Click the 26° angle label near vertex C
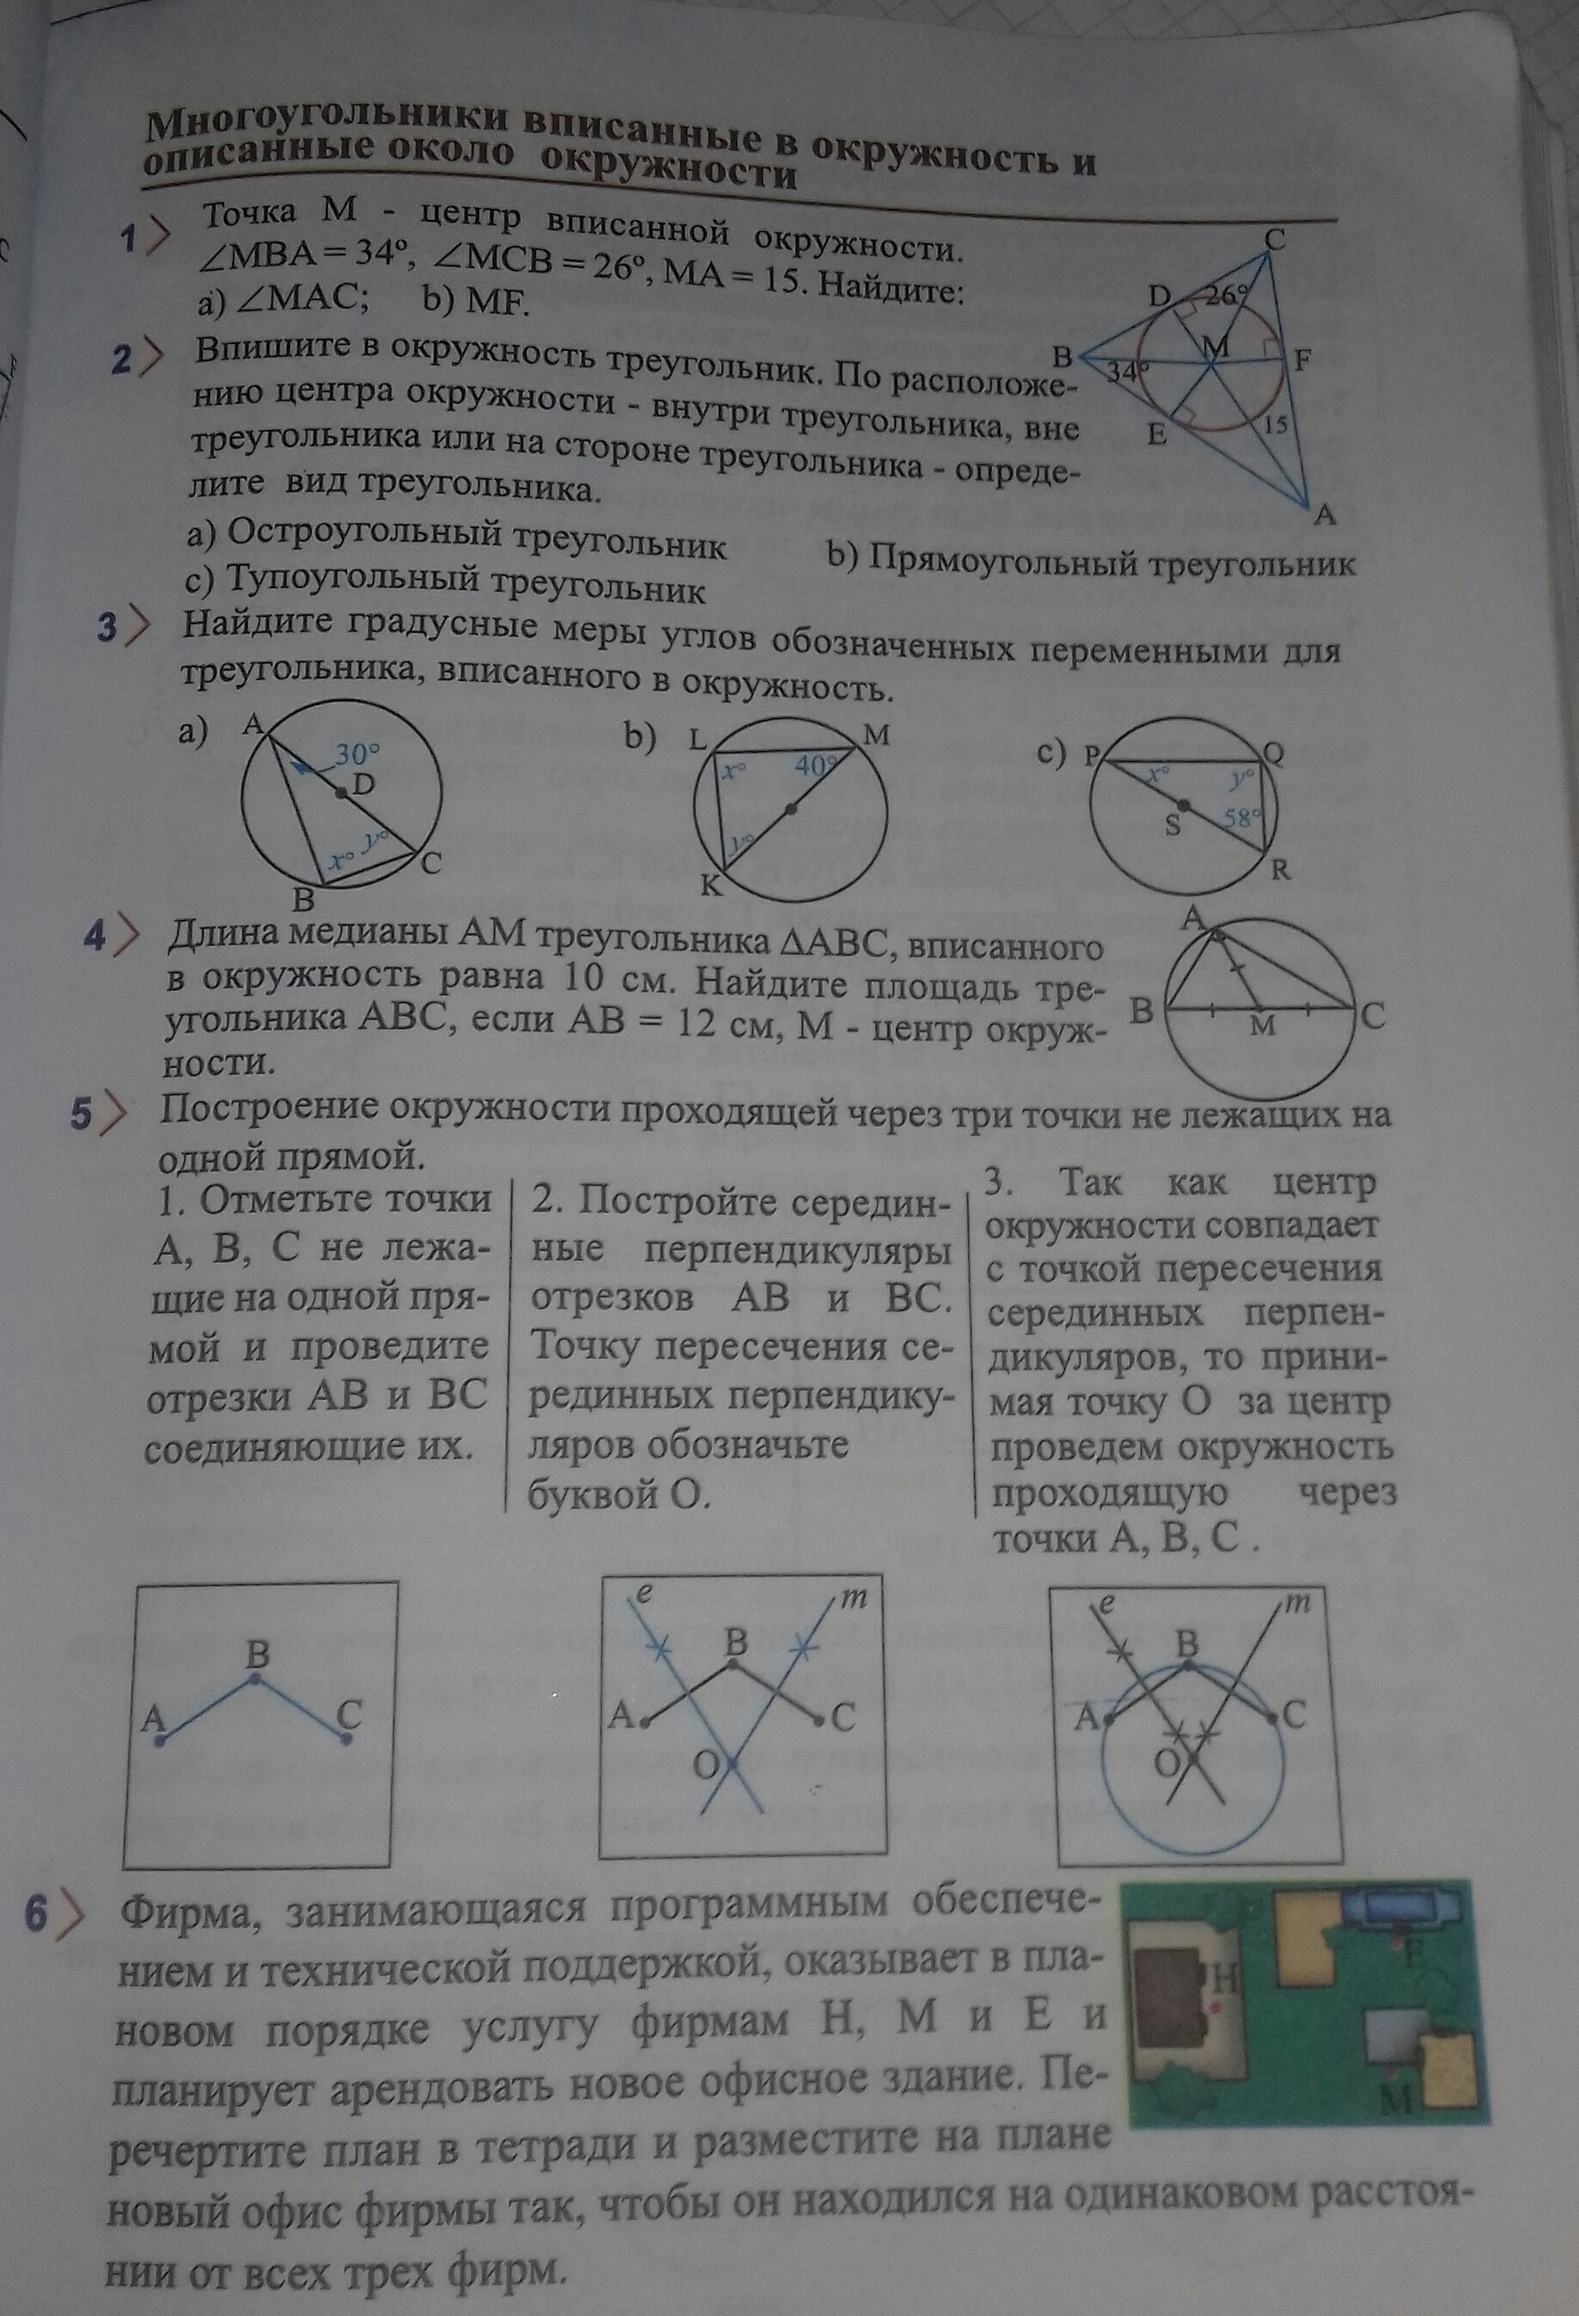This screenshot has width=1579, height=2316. click(1227, 295)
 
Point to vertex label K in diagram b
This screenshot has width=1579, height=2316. click(710, 884)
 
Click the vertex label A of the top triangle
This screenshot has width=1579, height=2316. click(1324, 515)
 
